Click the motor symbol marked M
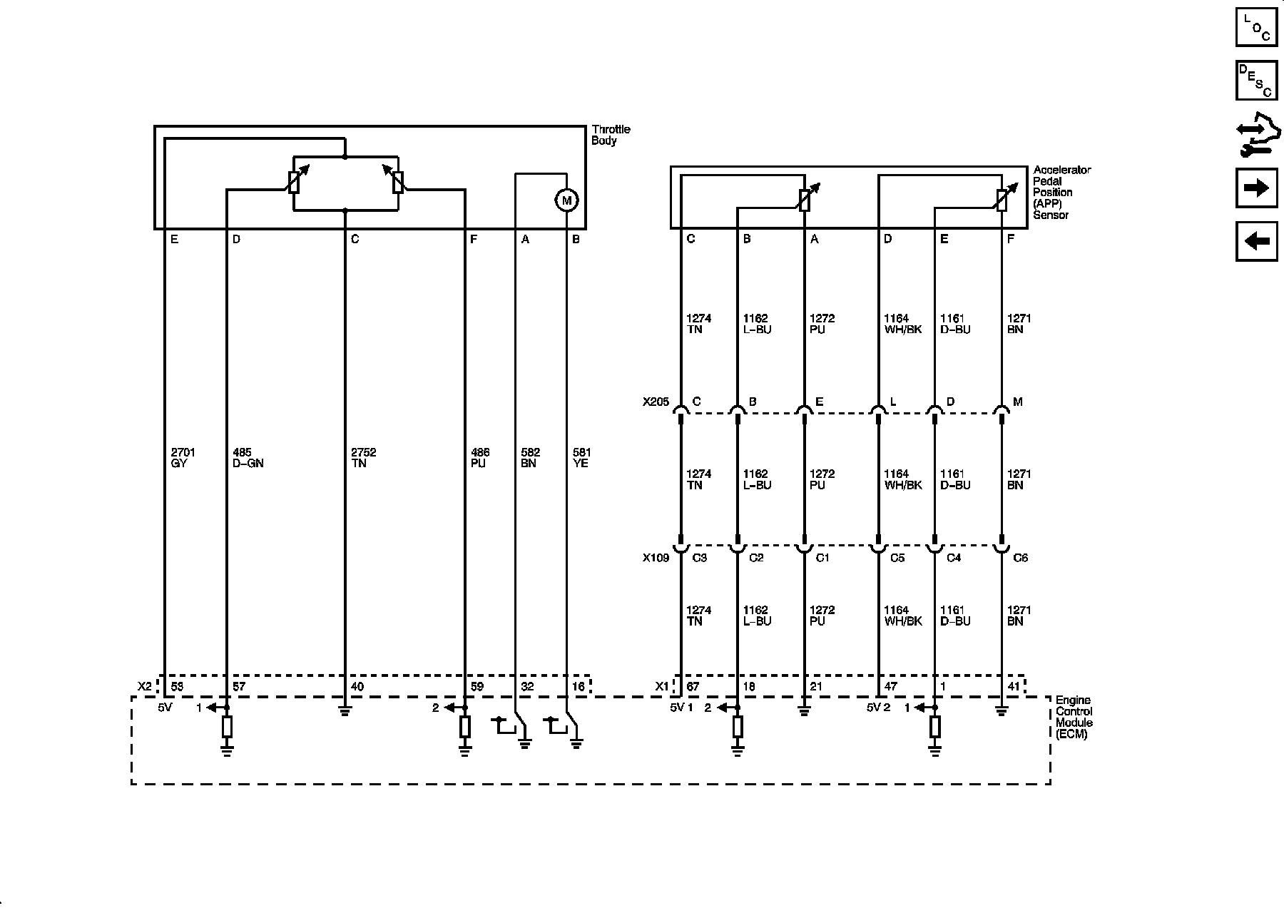point(566,200)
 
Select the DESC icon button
point(1256,81)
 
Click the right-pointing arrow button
point(1256,188)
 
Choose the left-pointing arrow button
point(1256,241)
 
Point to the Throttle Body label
point(611,135)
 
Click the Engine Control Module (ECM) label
point(1074,717)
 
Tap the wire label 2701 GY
point(183,458)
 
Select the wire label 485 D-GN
point(248,458)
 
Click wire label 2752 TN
point(363,458)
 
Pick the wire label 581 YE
point(581,458)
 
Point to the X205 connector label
point(656,402)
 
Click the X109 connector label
point(656,558)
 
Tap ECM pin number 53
point(178,687)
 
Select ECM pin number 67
point(693,687)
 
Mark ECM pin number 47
point(891,687)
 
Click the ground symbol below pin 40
point(345,710)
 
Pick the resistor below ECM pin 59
point(465,727)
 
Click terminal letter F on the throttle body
point(474,240)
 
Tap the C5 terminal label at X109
point(897,558)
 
